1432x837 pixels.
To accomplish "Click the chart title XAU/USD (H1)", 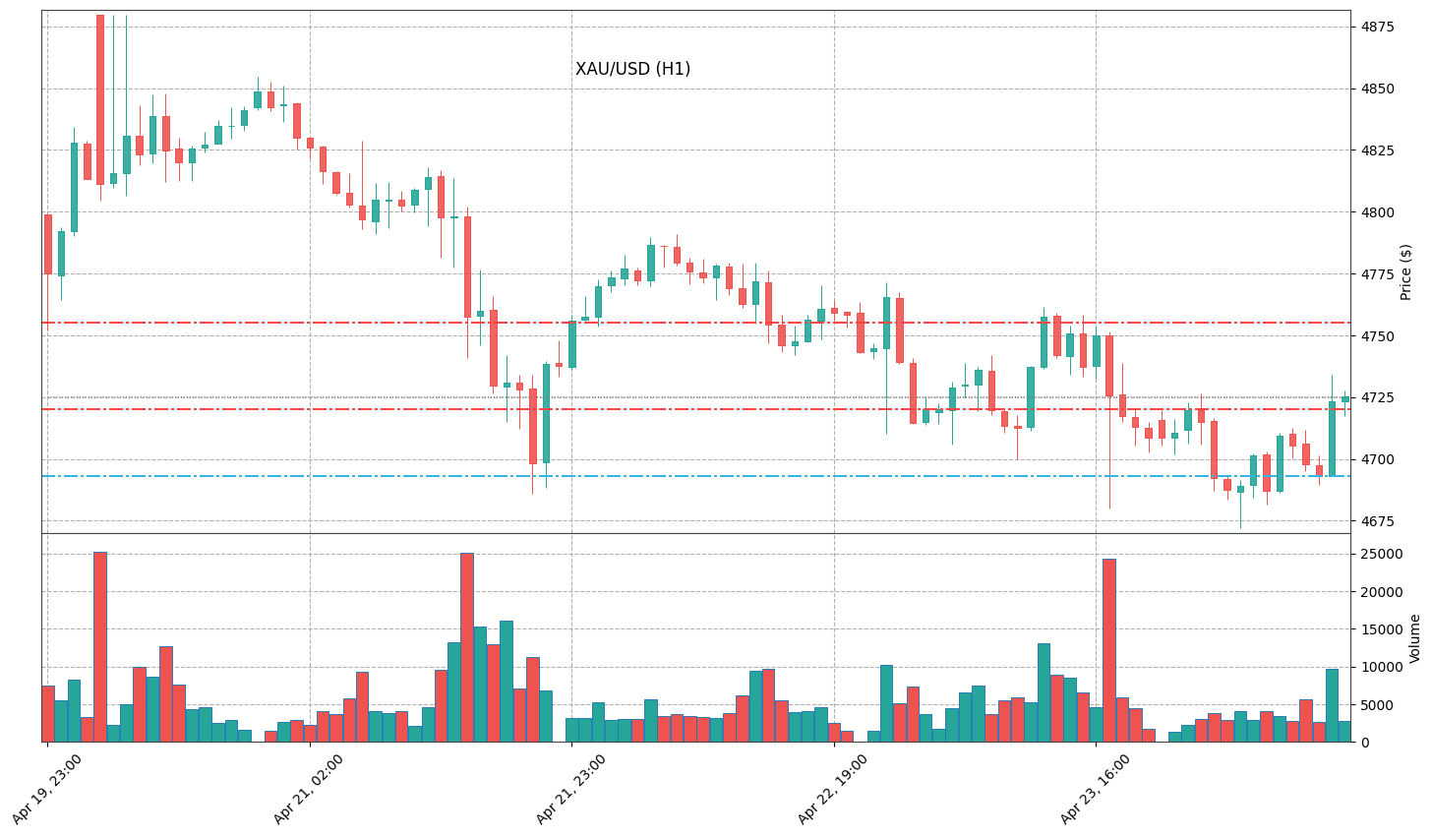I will (x=632, y=70).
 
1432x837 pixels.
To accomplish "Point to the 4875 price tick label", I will (x=1379, y=27).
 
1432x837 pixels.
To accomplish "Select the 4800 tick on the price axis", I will (x=1379, y=212).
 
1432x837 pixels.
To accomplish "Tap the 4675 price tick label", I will (x=1379, y=521).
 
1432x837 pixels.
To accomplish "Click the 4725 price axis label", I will (x=1379, y=397).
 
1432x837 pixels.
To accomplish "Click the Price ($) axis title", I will (x=1406, y=271).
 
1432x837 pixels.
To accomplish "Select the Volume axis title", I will (x=1415, y=637).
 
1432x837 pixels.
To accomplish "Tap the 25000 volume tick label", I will (x=1383, y=554).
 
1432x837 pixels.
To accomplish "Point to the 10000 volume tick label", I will (x=1383, y=667).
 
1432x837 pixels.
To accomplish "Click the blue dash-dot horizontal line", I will (x=688, y=476).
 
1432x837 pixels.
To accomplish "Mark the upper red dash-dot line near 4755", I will (x=688, y=323).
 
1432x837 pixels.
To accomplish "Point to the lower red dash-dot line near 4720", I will (x=688, y=409).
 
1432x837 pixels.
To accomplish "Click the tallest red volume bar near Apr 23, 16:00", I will (x=1109, y=649).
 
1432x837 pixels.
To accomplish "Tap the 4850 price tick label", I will (x=1379, y=89).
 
